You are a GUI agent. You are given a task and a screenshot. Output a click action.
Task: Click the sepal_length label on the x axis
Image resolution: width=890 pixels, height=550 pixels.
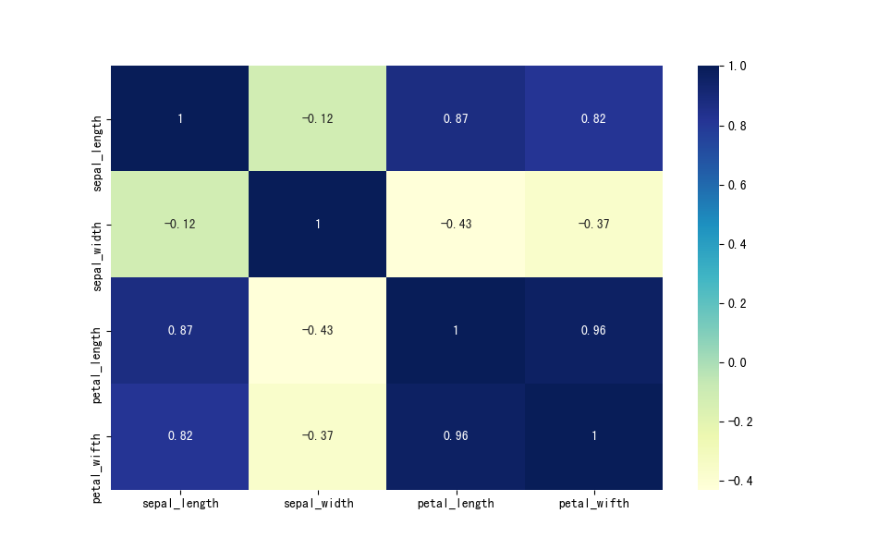(180, 504)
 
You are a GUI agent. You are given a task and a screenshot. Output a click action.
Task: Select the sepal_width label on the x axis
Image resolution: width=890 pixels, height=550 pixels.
(318, 504)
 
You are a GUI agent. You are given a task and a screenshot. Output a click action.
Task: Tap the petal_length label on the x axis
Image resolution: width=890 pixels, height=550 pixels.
(456, 504)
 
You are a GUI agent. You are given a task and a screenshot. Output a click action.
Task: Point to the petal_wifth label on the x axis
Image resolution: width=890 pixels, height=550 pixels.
(593, 504)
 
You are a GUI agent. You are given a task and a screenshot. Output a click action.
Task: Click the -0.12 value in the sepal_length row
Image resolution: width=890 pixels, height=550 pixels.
(318, 119)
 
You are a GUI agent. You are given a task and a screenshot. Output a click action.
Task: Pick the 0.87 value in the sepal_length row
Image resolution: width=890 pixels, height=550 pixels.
(456, 119)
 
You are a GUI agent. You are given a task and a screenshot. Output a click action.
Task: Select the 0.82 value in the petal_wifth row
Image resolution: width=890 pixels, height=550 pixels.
(180, 436)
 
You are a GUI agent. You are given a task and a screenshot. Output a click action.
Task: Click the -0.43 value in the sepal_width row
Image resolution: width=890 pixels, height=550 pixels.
(456, 225)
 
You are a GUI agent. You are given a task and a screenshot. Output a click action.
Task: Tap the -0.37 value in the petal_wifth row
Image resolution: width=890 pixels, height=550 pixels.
(318, 436)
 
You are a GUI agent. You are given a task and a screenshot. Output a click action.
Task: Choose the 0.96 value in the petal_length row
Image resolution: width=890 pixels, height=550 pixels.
(593, 331)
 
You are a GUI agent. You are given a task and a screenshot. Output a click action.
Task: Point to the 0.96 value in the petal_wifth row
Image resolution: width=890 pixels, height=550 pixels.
(456, 436)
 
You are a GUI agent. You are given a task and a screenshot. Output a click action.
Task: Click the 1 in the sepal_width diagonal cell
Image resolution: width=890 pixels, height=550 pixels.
(318, 225)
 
